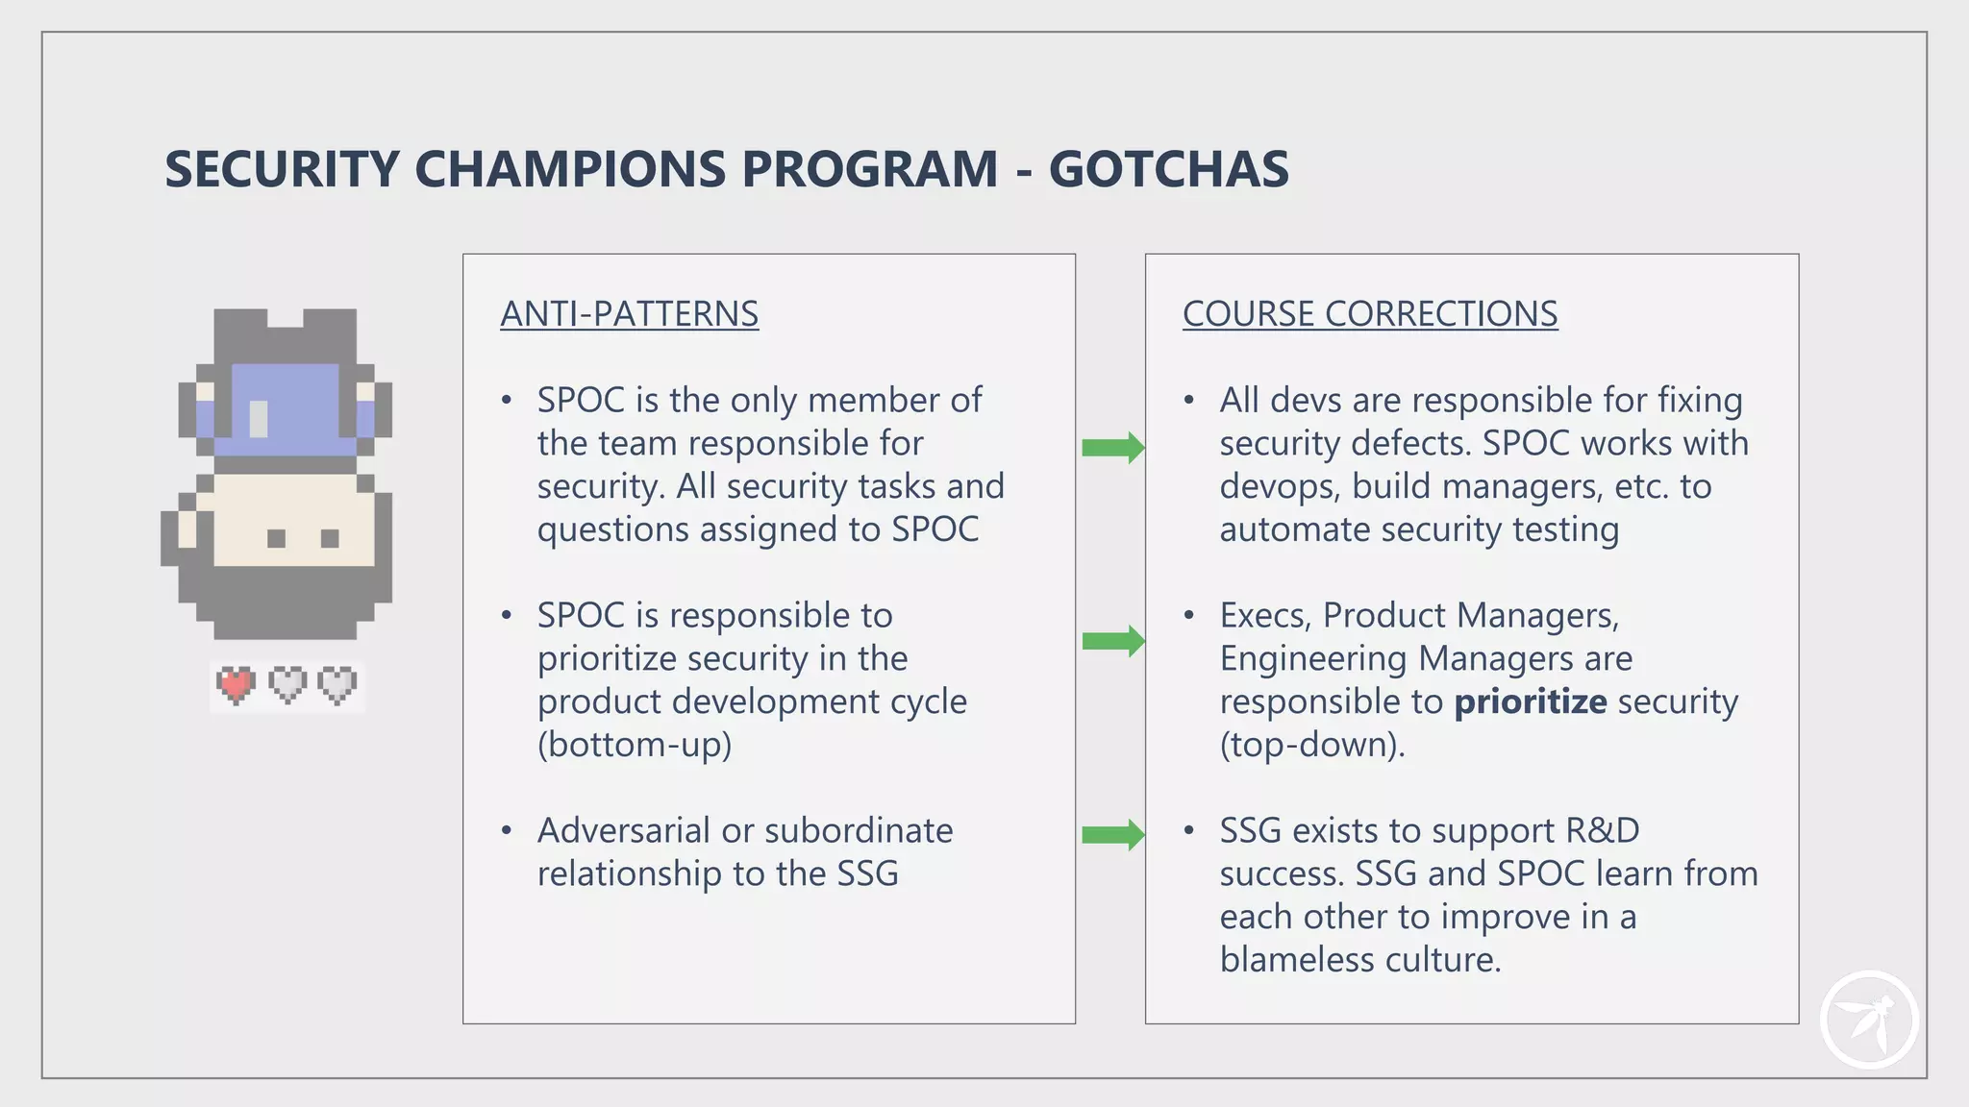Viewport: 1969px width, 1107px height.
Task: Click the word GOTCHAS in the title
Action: [1168, 169]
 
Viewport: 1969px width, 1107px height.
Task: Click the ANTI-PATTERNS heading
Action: [629, 314]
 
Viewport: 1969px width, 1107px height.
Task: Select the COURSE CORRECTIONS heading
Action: [1369, 314]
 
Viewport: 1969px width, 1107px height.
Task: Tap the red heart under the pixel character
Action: [236, 684]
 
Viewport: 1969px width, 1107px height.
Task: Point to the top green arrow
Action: [1112, 447]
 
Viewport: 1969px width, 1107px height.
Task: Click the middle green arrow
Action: [1112, 641]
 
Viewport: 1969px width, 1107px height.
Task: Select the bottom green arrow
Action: [1112, 834]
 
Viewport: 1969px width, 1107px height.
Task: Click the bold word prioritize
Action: [1530, 701]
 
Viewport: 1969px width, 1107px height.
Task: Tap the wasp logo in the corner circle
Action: [1868, 1021]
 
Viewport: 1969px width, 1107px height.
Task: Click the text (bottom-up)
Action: [635, 745]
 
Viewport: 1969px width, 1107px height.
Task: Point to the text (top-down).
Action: [1312, 745]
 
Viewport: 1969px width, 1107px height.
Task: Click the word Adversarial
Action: [625, 830]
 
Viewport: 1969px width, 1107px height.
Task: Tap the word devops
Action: [1279, 486]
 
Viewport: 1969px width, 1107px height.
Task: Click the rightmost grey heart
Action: [337, 684]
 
